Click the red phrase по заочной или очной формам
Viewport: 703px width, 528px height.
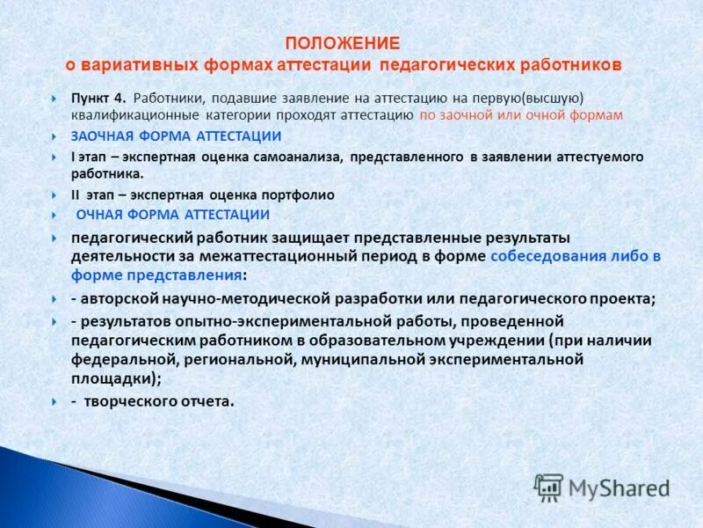point(521,114)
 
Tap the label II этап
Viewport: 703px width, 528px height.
point(93,195)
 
